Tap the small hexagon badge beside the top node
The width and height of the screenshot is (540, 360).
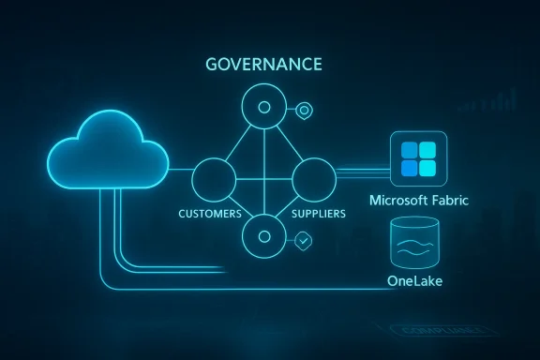(303, 111)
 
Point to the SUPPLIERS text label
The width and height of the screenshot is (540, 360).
(318, 215)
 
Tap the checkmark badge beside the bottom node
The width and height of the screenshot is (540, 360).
(303, 241)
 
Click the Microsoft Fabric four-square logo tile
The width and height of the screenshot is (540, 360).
(419, 159)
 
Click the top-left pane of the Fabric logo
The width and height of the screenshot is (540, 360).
(410, 151)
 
